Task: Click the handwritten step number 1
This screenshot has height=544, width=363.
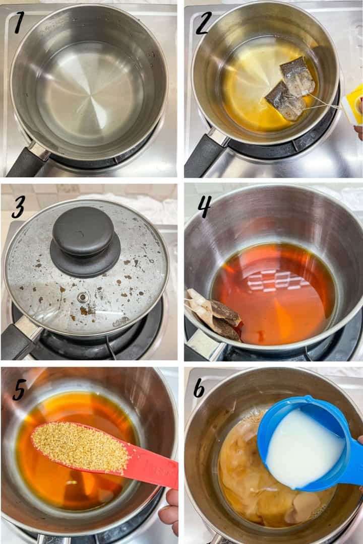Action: coord(19,23)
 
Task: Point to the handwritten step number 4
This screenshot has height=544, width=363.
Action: coord(204,207)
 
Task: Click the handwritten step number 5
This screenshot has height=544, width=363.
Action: coord(20,389)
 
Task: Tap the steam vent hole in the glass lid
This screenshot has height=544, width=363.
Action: coord(82,297)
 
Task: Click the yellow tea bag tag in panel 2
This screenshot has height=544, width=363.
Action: coord(352,105)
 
